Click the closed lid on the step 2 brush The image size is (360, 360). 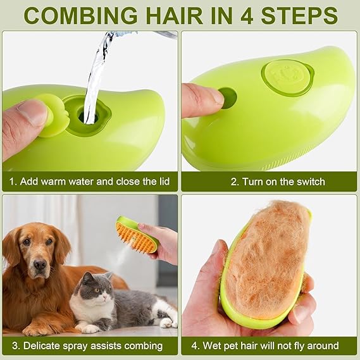(288, 76)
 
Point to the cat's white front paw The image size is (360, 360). (89, 328)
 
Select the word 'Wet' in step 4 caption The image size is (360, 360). (211, 346)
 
